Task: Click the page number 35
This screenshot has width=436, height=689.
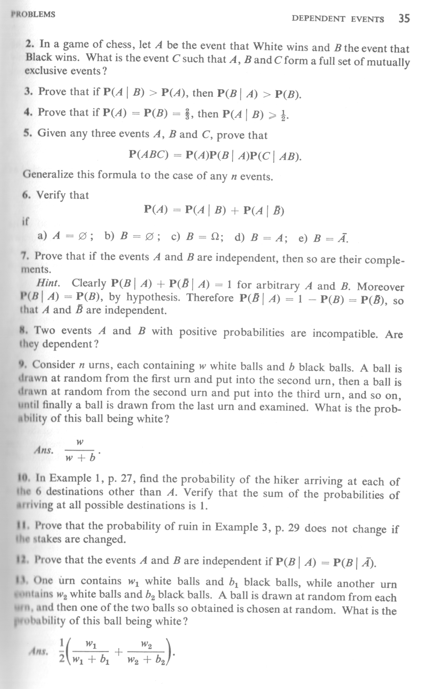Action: [404, 18]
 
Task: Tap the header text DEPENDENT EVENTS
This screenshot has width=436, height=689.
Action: [338, 19]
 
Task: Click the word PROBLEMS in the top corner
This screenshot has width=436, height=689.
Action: [33, 14]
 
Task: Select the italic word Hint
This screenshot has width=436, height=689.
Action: [48, 282]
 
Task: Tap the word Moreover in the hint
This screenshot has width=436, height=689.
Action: [380, 286]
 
